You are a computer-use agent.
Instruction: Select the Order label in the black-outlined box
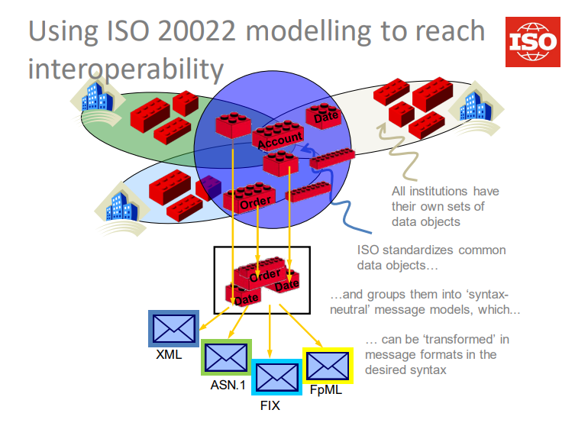(x=265, y=273)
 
